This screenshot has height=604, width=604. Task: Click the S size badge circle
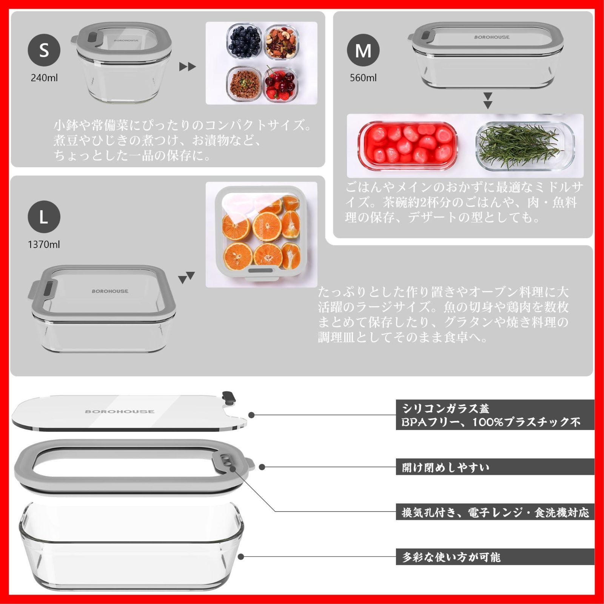(44, 50)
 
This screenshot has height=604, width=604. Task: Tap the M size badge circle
(363, 50)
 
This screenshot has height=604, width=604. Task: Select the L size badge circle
(44, 217)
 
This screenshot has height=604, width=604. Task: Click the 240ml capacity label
(44, 78)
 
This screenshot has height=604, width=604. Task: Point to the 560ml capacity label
(363, 78)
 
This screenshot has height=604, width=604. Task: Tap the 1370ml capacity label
(44, 245)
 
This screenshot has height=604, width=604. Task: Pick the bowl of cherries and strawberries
(280, 84)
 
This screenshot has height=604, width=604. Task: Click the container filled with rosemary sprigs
(525, 146)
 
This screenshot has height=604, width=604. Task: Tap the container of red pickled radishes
(408, 145)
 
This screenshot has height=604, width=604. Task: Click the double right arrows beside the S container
(188, 67)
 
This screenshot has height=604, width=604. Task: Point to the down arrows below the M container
(488, 100)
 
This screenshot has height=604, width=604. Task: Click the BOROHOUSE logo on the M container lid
(492, 37)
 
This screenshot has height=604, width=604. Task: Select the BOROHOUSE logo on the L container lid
(110, 291)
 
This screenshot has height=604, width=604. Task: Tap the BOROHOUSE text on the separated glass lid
(119, 411)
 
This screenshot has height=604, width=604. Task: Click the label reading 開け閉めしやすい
(445, 467)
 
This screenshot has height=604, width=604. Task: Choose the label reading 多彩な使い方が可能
(451, 557)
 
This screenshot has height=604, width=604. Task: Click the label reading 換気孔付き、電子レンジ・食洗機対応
(495, 512)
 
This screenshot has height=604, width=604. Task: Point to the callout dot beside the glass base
(241, 557)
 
